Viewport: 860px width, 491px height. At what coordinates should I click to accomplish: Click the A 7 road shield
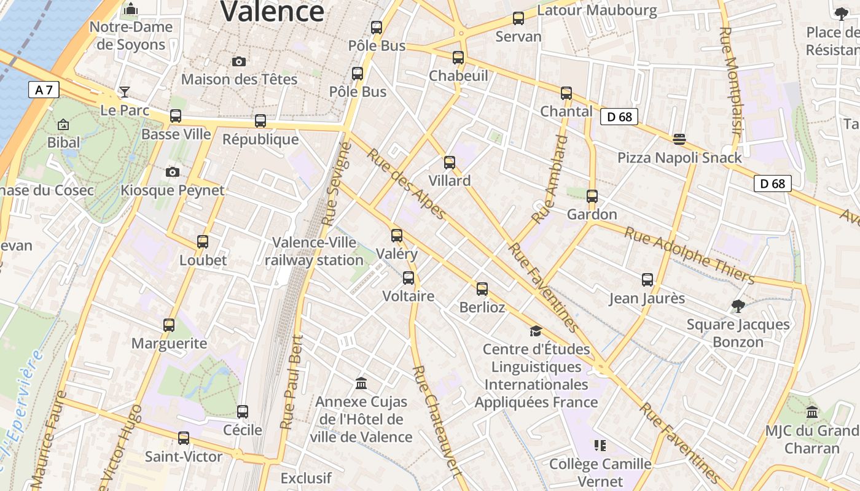44,90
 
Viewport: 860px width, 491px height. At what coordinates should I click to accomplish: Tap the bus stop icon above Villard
450,163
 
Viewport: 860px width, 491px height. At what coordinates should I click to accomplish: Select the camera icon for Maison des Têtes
239,61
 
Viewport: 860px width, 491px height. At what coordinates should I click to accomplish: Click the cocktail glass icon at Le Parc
125,92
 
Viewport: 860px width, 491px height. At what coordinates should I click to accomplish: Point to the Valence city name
272,12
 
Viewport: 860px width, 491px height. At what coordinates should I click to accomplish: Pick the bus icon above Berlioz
482,289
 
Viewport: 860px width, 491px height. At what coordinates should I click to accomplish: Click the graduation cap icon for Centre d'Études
536,331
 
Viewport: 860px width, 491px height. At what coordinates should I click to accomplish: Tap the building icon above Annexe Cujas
361,384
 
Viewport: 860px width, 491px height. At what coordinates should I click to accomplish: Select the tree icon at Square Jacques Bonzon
738,306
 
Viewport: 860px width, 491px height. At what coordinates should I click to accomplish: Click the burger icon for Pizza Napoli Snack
679,139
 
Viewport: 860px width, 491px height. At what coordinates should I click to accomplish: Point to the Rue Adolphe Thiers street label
689,255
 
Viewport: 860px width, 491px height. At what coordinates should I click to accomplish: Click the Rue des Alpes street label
406,183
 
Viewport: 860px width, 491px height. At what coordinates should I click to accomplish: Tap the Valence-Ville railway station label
314,252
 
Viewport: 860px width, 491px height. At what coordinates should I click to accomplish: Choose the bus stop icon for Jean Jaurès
647,280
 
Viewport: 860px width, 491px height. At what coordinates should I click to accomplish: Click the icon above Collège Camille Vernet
600,445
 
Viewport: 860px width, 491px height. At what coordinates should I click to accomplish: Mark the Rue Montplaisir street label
732,80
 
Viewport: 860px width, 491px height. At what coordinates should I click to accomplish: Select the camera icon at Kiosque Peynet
173,172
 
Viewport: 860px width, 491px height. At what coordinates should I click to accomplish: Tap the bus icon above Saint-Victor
184,438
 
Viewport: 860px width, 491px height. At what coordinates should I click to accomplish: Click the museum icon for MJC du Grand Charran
812,412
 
